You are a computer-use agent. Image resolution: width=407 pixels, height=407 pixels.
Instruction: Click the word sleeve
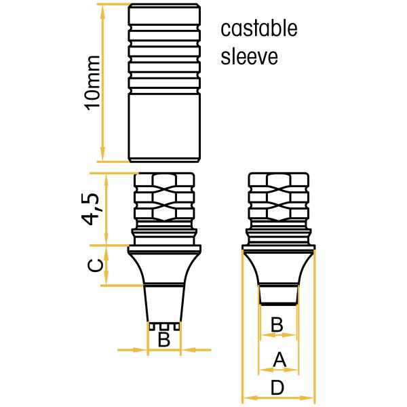(x=249, y=56)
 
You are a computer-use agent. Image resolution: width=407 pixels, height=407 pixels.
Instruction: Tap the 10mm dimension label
(x=93, y=83)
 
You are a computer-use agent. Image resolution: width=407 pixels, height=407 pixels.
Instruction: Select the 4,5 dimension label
(x=91, y=209)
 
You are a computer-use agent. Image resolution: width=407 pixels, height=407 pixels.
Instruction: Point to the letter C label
(x=95, y=265)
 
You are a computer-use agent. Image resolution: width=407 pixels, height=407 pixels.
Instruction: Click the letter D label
(x=277, y=388)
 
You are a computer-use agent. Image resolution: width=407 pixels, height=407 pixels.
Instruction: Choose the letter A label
(x=279, y=360)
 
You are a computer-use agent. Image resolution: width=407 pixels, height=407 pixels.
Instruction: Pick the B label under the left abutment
(x=164, y=339)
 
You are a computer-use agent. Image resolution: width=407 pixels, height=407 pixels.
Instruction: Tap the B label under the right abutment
(x=277, y=324)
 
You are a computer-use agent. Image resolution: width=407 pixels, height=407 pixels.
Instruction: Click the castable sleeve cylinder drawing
(x=164, y=83)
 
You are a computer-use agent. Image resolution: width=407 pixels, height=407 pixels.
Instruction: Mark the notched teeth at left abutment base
(x=164, y=326)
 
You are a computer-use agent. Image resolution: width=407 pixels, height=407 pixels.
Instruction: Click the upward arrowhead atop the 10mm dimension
(x=103, y=10)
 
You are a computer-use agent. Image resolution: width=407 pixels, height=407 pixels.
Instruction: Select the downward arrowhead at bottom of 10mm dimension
(x=103, y=155)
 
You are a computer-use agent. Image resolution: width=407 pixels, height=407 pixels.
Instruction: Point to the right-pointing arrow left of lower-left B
(x=132, y=350)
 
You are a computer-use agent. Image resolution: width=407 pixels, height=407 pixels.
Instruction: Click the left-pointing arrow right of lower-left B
(x=196, y=350)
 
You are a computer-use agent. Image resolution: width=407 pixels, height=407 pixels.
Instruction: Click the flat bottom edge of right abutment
(x=279, y=303)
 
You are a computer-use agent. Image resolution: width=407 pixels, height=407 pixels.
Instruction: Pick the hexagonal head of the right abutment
(x=279, y=197)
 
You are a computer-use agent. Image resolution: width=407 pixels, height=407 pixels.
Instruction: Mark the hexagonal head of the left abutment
(x=164, y=197)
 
